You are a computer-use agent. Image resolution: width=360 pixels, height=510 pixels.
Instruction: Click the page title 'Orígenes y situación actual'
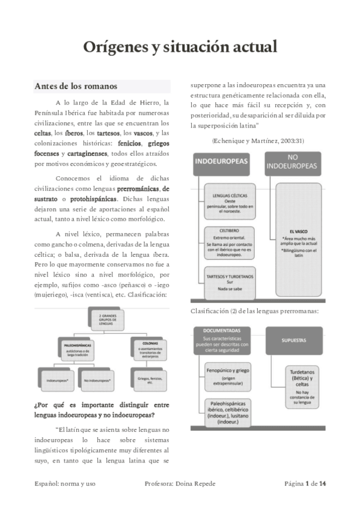click(x=180, y=47)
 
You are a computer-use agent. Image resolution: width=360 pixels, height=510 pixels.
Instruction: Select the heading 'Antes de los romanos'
click(x=75, y=85)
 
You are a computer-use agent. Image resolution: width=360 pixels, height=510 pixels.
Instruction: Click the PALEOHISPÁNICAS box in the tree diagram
click(x=76, y=348)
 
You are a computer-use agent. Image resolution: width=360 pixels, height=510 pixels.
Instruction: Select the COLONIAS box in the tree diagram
click(x=142, y=348)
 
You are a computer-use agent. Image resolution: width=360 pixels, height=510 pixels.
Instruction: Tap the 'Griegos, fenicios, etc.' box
click(x=142, y=379)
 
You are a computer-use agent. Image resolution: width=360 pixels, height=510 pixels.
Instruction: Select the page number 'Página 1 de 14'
click(x=305, y=483)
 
